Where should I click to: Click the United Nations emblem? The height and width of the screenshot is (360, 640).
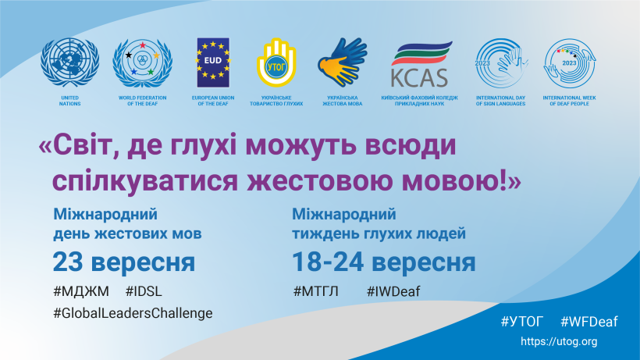69,62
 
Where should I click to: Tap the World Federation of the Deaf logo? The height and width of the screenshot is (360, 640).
143,63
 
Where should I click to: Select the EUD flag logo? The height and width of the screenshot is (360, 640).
213,62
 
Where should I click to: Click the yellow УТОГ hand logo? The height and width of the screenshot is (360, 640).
276,62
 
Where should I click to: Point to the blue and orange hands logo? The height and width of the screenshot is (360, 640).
343,62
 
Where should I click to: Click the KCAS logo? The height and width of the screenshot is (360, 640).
420,64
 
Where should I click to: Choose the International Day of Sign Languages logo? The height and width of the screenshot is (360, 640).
501,62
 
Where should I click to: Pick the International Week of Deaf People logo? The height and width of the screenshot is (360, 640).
570,62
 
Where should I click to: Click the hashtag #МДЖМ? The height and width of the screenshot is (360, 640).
81,291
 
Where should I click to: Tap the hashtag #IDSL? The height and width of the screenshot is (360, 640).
144,291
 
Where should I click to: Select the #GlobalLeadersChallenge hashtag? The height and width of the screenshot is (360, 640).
133,313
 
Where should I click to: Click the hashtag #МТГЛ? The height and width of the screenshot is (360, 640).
316,291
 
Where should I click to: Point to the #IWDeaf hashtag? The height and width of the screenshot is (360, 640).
393,291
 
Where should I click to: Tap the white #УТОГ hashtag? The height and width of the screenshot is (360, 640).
522,322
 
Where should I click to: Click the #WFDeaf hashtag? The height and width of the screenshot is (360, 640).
589,322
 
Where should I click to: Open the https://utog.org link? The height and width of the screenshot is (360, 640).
559,341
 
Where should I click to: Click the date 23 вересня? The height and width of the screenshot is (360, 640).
124,262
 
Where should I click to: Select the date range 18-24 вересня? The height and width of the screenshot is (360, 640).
384,262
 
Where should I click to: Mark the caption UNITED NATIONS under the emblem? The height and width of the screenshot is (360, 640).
69,101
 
